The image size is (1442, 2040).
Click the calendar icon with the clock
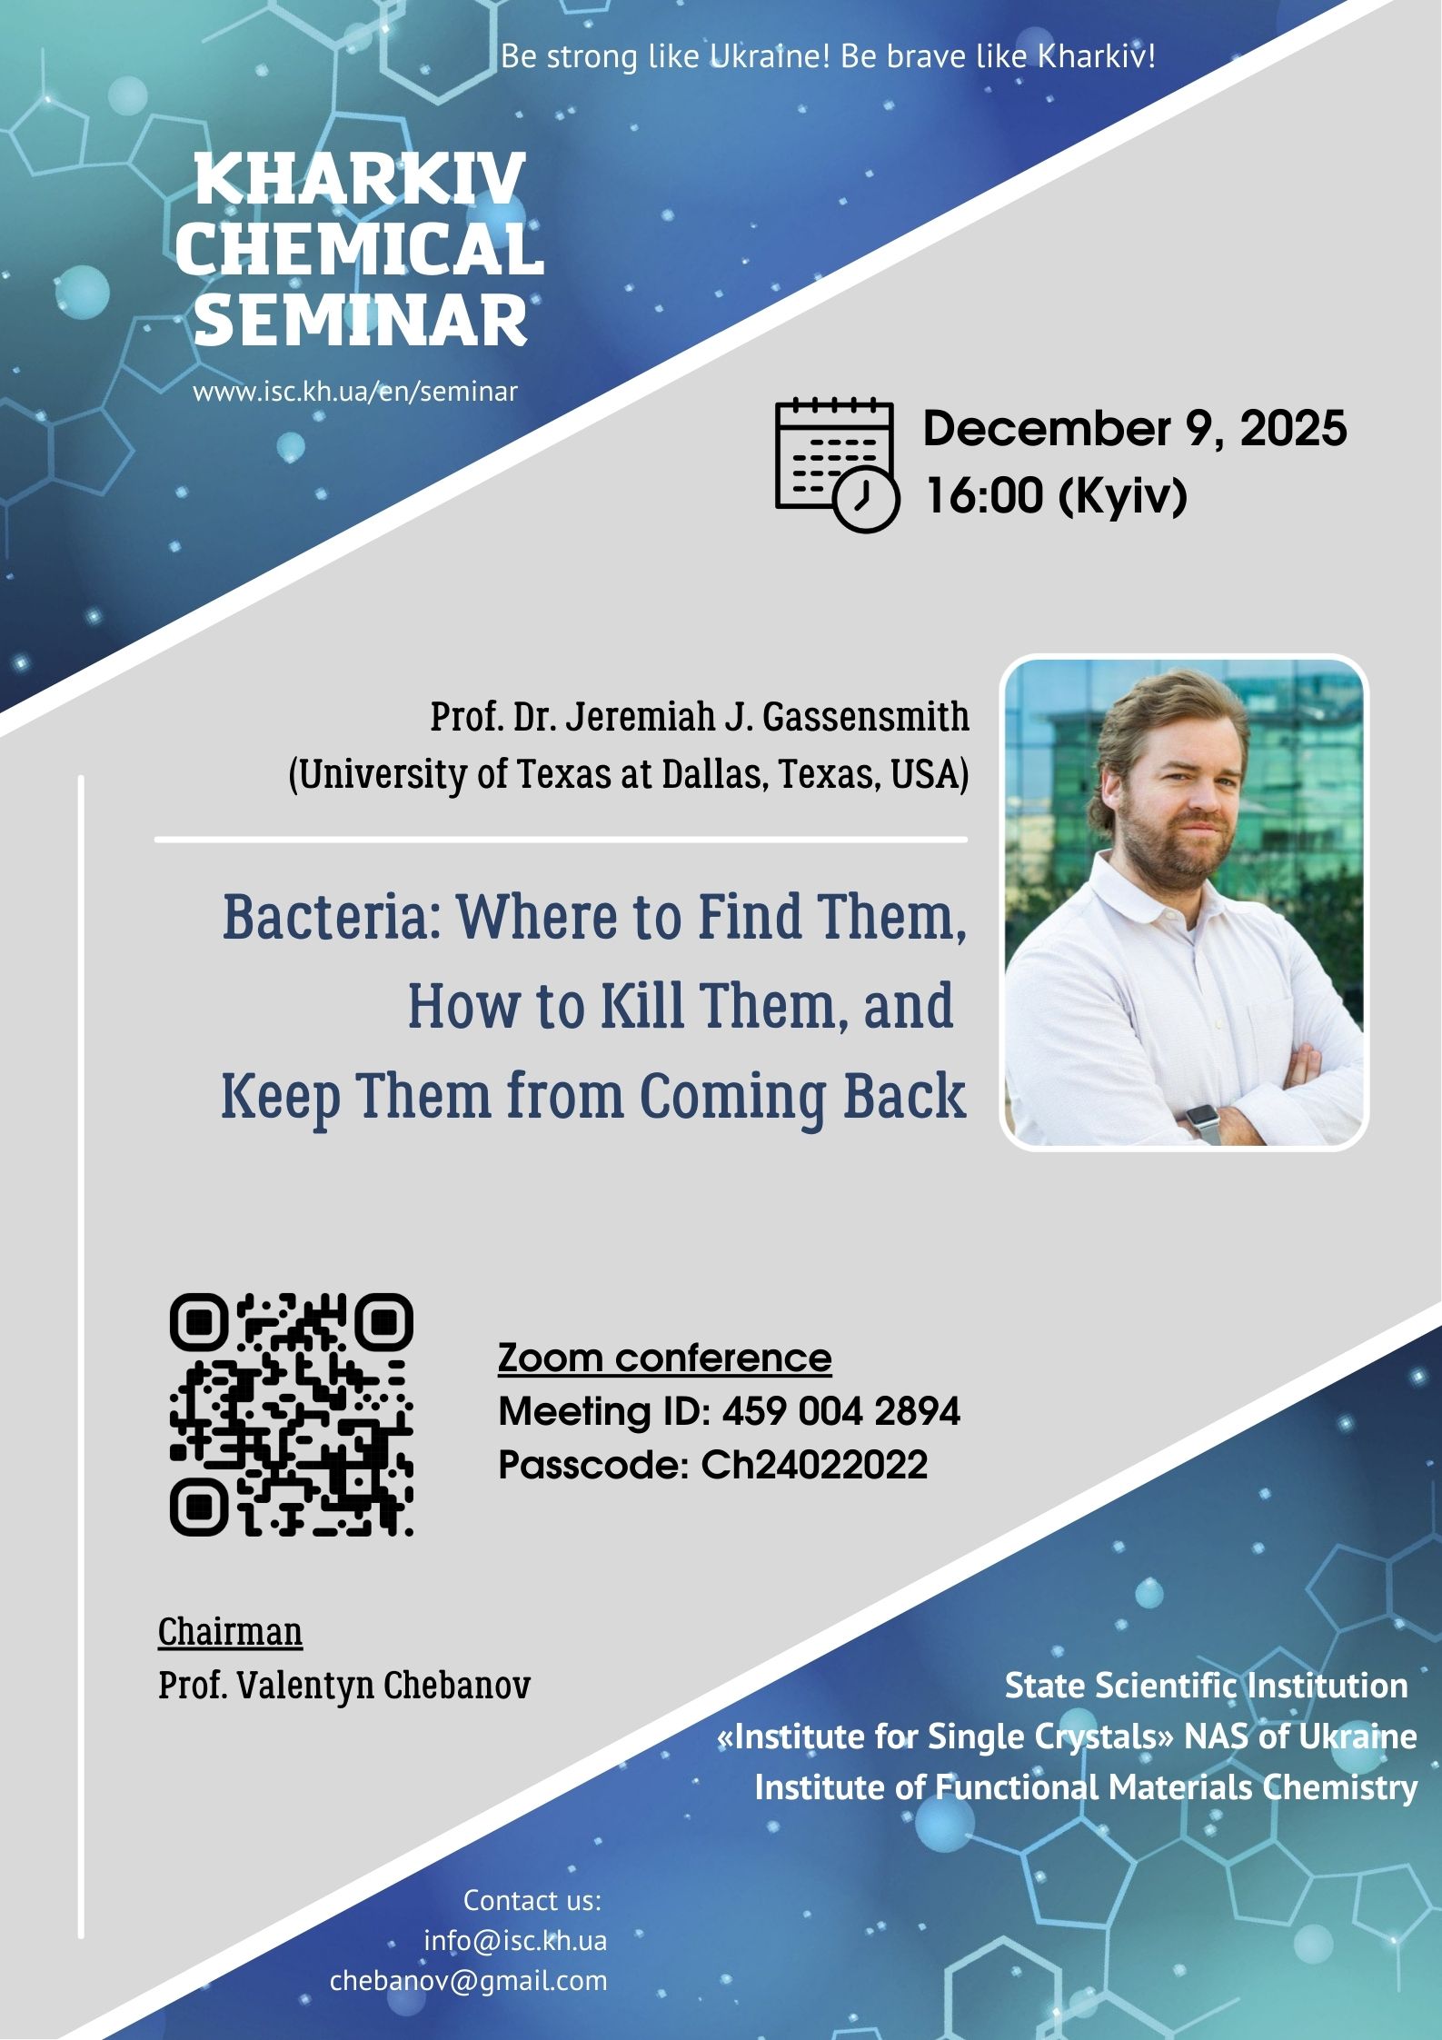coord(837,463)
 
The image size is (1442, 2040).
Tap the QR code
coord(292,1415)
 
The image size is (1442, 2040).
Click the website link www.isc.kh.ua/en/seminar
coord(355,392)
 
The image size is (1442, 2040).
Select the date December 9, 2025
coord(1135,428)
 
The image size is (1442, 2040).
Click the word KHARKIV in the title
coord(361,179)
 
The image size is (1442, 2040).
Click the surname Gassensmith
coord(866,717)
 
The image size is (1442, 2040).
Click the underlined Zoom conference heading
coord(665,1358)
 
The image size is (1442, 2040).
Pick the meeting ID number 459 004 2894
coord(841,1411)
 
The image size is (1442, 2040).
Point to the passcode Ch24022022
coord(814,1465)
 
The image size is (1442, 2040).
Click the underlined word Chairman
coord(230,1632)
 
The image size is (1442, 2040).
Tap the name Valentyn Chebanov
coord(383,1686)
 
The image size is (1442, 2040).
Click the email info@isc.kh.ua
coord(515,1941)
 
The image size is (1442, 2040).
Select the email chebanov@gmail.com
coord(469,1981)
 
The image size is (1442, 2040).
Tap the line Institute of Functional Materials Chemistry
coord(1086,1787)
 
